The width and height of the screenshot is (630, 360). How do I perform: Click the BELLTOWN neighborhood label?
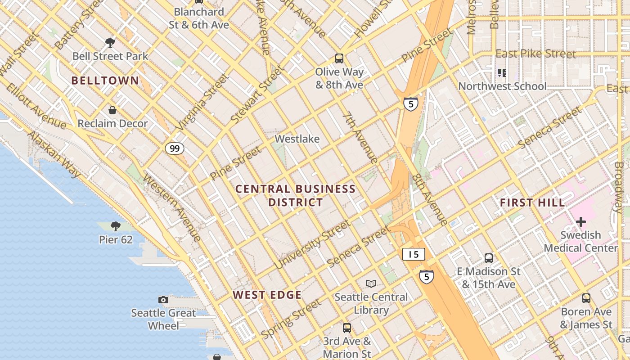coord(105,81)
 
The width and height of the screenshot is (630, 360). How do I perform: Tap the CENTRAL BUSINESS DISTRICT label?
coord(296,195)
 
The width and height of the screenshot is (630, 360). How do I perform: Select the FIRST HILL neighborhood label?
coord(532,203)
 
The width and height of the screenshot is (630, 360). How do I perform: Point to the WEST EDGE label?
coord(267,295)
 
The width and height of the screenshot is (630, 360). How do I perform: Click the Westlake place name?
coord(297,139)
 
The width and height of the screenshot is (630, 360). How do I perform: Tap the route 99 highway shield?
coord(174,148)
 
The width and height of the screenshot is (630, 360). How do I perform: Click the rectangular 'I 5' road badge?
coord(414,254)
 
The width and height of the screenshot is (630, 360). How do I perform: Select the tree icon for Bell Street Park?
coord(110,43)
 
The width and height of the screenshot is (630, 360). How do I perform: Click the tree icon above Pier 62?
coord(116,226)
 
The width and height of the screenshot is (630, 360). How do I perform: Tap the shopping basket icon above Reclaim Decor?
coord(112,110)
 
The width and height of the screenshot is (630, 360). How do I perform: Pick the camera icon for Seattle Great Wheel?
coord(163,300)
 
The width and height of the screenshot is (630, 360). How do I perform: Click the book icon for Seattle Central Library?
coord(371,283)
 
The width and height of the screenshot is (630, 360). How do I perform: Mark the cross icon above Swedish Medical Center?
coord(581,222)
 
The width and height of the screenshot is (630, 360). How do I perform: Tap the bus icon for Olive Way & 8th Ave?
coord(339,58)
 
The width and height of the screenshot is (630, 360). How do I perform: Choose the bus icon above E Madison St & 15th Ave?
coord(489,258)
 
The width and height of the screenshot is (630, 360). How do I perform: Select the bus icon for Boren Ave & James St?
coord(586,298)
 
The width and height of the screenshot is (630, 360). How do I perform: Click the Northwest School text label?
coord(502,86)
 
